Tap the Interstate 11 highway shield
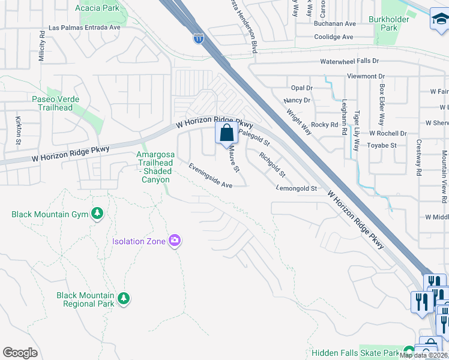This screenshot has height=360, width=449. pos(199,39)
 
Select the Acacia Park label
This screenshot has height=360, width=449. pos(97,8)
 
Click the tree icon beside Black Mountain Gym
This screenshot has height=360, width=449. pos(97,214)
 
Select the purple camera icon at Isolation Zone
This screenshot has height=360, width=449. pos(175,241)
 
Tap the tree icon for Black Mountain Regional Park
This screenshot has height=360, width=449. pos(124,298)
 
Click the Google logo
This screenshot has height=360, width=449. pos(20,353)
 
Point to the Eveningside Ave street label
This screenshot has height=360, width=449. pos(210,176)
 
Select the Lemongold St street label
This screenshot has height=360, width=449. pos(296,188)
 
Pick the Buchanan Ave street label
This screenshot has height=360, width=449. pos(335,23)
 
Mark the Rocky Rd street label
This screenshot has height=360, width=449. pos(325,124)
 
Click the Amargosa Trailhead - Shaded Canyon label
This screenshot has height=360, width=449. pos(153,167)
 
